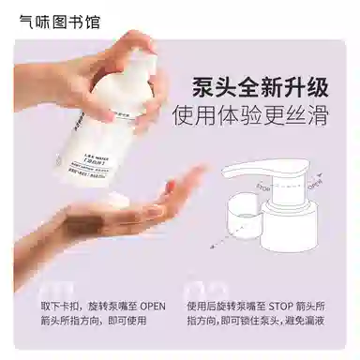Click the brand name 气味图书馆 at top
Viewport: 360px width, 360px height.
point(59,20)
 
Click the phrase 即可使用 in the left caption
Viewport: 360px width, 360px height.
point(129,322)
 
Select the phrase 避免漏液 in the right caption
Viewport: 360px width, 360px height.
point(334,322)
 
